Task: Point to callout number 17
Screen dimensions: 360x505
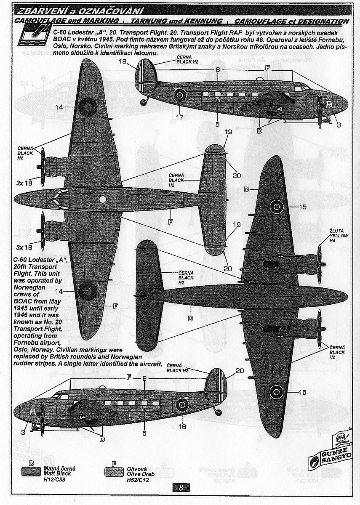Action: point(180,117)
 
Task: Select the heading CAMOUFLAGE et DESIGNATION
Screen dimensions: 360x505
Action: point(292,21)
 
